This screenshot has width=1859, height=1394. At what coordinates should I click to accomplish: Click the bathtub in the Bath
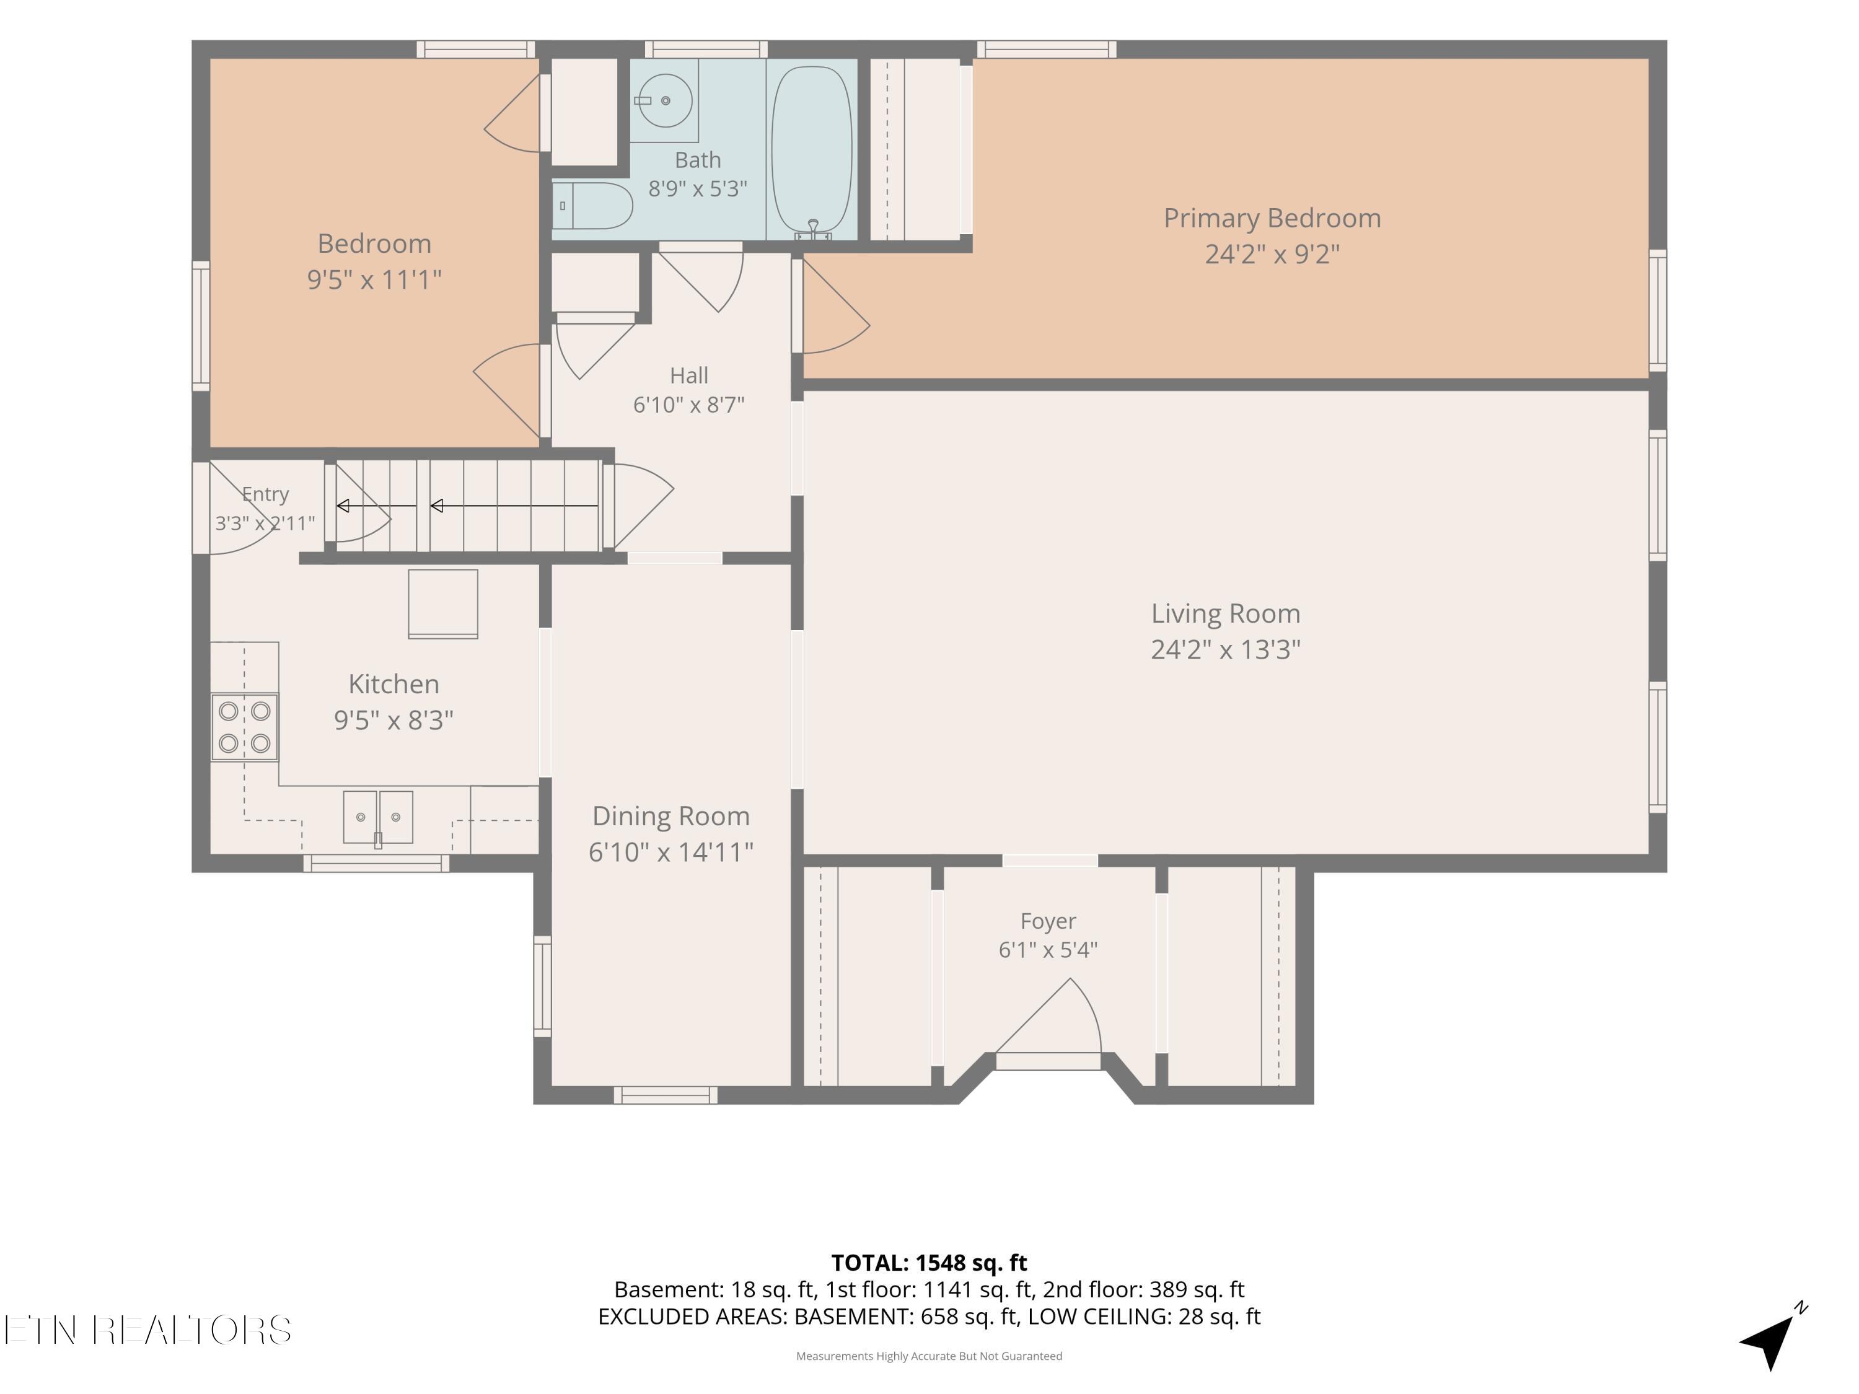pos(811,149)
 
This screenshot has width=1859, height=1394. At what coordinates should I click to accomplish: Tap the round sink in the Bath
pos(665,101)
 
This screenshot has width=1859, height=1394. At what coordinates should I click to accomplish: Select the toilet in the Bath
pos(592,206)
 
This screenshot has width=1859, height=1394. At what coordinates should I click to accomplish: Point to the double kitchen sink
pos(378,817)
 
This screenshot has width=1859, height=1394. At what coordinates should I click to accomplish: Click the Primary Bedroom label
pos(1272,219)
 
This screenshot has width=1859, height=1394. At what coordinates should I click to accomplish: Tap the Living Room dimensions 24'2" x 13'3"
pos(1225,649)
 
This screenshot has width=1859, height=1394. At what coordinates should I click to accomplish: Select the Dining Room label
pos(670,816)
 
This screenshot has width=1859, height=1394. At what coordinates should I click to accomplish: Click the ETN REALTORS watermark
pos(148,1330)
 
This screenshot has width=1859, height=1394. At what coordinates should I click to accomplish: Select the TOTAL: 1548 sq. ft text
pos(929,1263)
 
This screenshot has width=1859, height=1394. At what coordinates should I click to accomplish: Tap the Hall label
pos(689,375)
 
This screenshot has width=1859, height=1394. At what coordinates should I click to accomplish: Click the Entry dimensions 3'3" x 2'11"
pos(265,524)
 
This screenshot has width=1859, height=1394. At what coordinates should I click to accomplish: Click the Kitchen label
pos(393,684)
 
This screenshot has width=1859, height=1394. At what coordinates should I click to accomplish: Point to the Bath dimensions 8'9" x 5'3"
pos(698,188)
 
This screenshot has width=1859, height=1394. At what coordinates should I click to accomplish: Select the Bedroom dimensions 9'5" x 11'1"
pos(374,279)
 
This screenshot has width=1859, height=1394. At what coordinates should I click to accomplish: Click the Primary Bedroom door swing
pos(835,306)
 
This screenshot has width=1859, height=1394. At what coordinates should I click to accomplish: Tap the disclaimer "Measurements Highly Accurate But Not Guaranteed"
pos(929,1356)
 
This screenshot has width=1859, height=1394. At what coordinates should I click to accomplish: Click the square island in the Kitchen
pos(443,604)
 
